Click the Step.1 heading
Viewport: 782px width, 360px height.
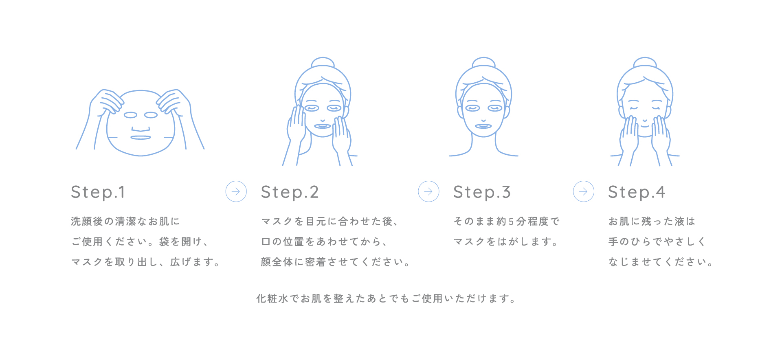98,192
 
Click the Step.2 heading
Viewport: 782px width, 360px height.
290,192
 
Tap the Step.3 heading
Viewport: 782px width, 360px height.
482,192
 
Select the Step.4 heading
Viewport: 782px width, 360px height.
637,192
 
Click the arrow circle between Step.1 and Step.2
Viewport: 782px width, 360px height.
236,191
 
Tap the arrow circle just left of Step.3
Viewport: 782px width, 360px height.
429,191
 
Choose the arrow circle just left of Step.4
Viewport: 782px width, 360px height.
584,191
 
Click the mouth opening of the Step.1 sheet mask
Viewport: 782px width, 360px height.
141,138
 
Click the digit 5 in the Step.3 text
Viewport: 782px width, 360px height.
511,222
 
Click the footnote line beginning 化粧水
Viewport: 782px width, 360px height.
387,299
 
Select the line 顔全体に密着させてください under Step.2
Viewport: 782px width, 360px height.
336,262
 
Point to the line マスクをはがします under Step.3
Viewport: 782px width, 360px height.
505,241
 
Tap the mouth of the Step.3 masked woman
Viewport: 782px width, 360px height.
483,126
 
